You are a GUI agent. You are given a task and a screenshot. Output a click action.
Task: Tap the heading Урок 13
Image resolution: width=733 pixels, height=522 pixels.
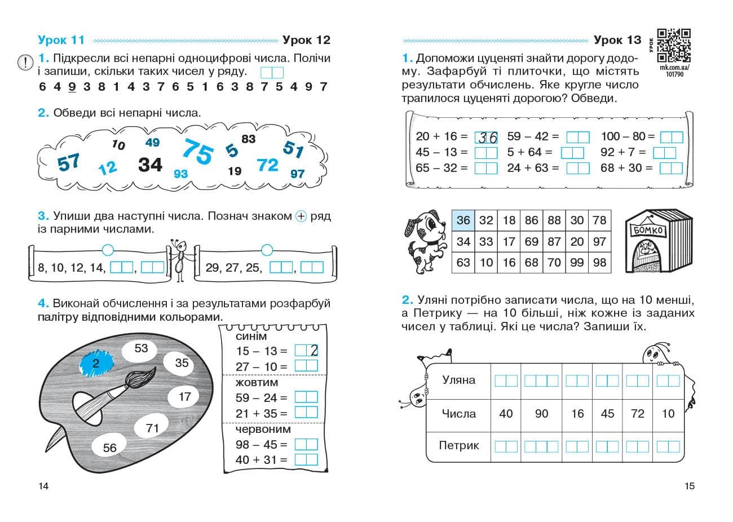pyautogui.click(x=617, y=40)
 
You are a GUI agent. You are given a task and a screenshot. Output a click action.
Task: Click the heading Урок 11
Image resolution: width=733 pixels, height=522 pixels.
pyautogui.click(x=61, y=40)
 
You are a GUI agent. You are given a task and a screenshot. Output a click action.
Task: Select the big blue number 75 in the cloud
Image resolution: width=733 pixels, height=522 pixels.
pyautogui.click(x=198, y=152)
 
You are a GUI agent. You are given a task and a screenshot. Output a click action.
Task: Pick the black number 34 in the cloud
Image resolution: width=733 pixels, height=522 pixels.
pyautogui.click(x=150, y=165)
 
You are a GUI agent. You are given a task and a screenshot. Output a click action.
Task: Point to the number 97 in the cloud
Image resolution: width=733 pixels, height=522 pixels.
pyautogui.click(x=297, y=174)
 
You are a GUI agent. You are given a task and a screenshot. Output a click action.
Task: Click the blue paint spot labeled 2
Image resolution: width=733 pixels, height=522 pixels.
pyautogui.click(x=96, y=364)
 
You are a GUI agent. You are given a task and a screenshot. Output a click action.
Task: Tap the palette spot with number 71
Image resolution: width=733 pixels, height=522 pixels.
pyautogui.click(x=152, y=428)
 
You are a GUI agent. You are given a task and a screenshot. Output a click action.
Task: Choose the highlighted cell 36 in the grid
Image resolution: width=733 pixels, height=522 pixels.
pyautogui.click(x=463, y=220)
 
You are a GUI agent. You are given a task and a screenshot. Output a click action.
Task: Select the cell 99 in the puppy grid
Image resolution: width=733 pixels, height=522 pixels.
pyautogui.click(x=577, y=262)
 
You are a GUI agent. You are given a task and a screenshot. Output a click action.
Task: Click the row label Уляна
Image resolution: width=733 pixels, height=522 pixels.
pyautogui.click(x=458, y=380)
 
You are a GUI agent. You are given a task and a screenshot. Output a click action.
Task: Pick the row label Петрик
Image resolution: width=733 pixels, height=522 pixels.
pyautogui.click(x=458, y=445)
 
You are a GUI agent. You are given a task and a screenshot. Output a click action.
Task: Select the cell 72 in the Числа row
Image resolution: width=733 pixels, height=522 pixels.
pyautogui.click(x=638, y=414)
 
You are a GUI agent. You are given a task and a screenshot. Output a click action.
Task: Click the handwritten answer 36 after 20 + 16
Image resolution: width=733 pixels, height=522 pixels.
pyautogui.click(x=486, y=137)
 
